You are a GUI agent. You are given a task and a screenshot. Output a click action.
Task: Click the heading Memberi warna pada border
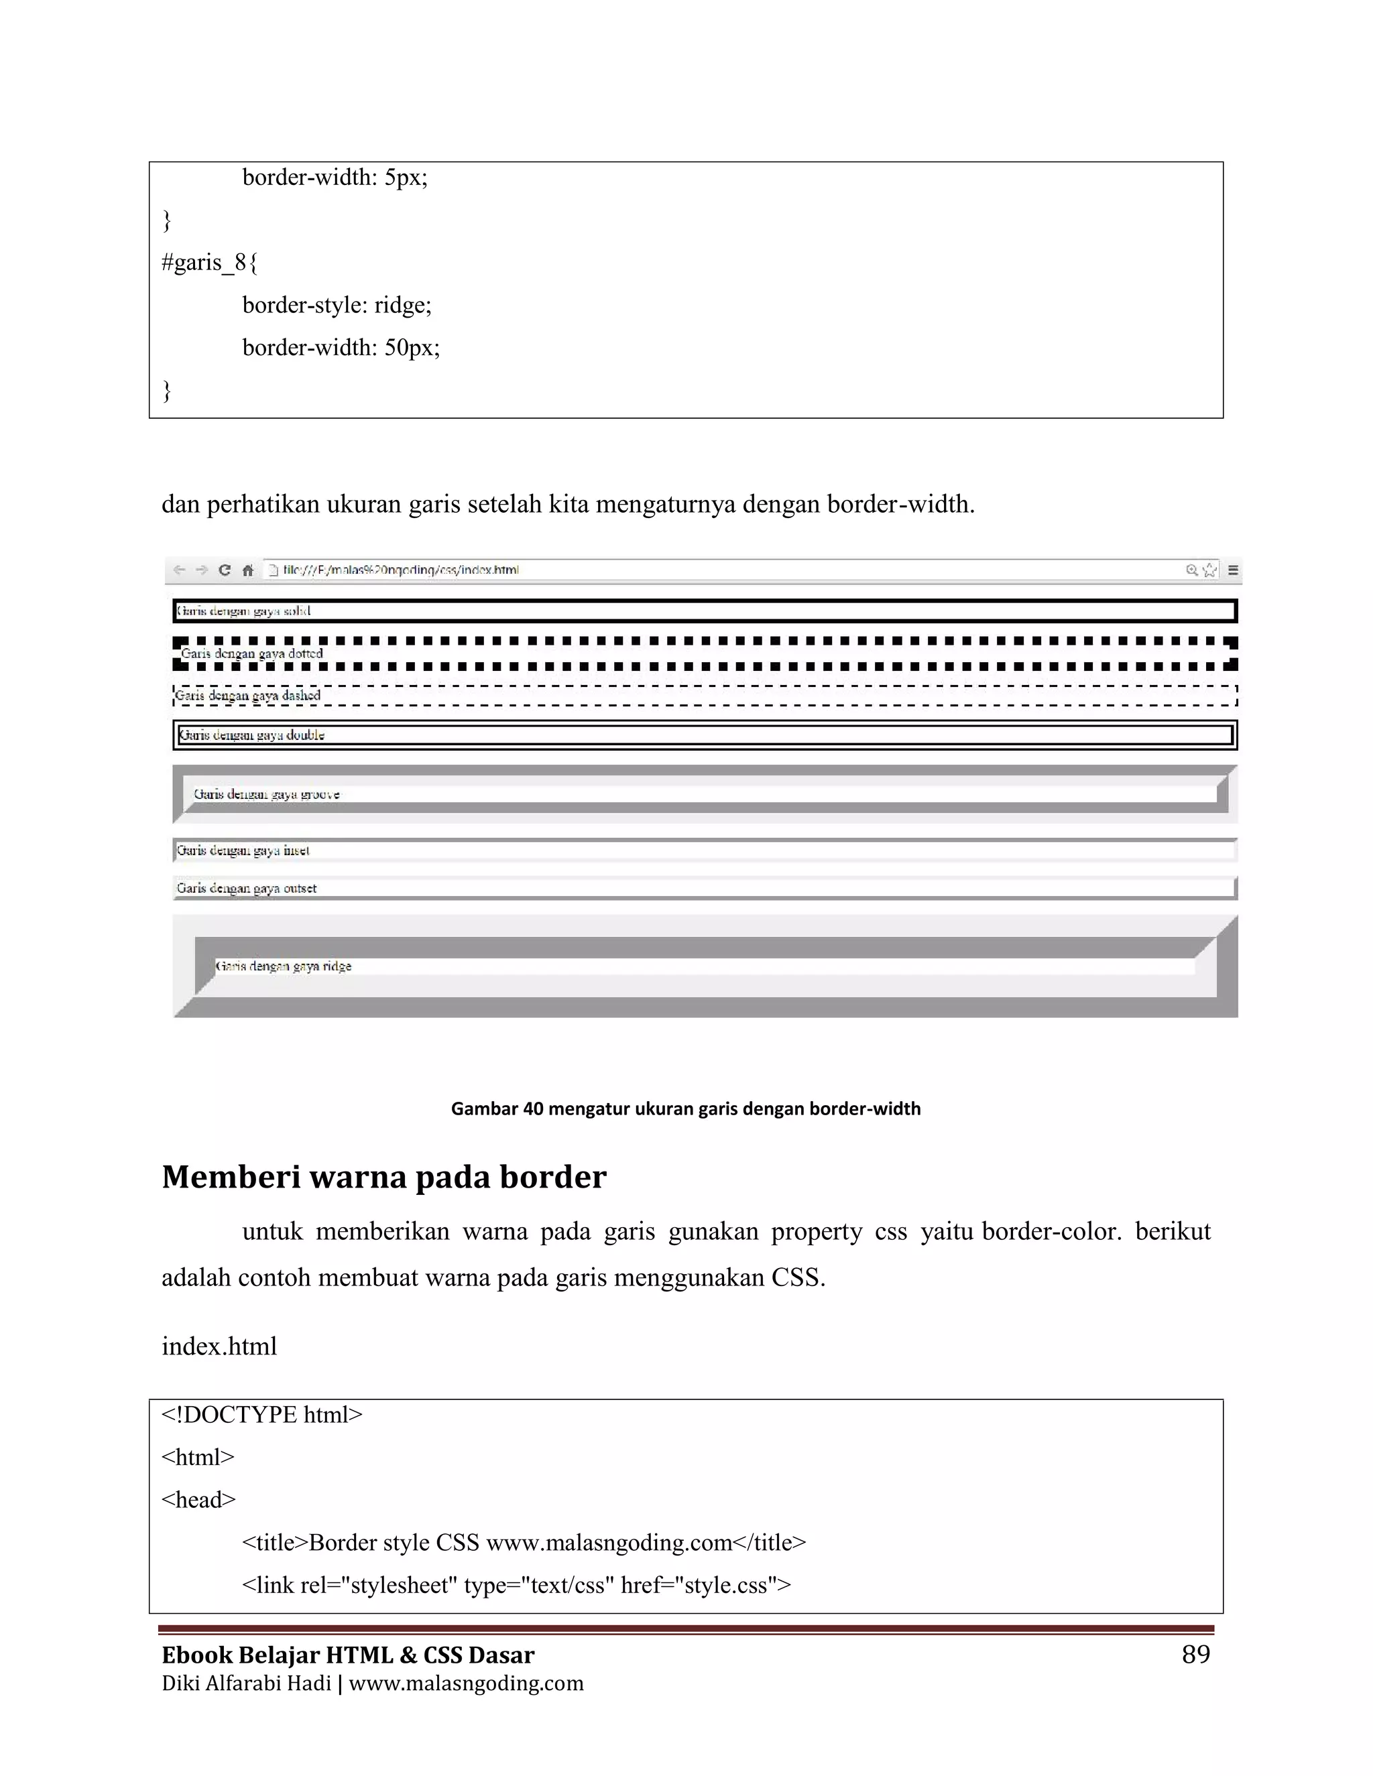coord(384,1178)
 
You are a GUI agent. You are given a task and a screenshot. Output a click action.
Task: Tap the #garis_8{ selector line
coord(209,263)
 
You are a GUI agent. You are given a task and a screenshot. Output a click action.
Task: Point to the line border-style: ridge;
coord(337,305)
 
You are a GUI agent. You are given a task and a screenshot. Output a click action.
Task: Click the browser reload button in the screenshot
coord(225,570)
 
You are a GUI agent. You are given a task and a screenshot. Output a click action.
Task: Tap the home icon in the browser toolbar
coord(247,570)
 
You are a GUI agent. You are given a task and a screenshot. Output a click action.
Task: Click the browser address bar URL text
coord(400,570)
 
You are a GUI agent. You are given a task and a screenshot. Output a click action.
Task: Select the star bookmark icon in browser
coord(1209,570)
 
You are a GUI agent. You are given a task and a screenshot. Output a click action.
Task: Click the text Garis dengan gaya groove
coord(267,794)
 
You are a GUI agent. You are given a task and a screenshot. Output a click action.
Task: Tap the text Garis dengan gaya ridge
coord(283,966)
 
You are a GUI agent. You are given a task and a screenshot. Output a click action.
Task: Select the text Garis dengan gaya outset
coord(247,888)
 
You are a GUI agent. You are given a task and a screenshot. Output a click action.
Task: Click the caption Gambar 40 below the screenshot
coord(685,1108)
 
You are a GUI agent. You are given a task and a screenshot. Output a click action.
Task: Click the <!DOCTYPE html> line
coord(262,1415)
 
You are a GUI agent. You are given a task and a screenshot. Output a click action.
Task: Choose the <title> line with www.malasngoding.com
coord(524,1543)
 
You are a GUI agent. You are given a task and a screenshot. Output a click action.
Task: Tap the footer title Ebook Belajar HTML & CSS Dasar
coord(348,1655)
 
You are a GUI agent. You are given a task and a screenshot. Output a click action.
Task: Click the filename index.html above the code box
coord(220,1346)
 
